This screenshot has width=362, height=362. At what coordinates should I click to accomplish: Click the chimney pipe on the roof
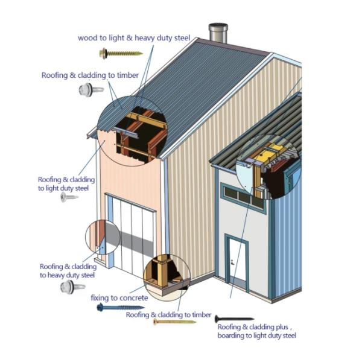tap(218, 33)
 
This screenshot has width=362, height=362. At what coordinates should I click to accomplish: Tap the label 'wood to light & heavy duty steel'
tap(134, 38)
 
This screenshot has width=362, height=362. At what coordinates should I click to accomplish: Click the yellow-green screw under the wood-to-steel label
tap(121, 54)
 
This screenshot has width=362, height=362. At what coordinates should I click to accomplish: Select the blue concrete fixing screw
tap(121, 308)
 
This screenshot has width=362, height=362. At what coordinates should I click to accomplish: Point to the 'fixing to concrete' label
tap(119, 298)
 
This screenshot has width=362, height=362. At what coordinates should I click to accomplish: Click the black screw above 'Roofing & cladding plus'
tap(234, 319)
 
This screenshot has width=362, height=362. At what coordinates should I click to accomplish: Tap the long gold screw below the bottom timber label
tap(174, 322)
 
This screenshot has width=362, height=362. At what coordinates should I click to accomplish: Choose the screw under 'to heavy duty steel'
tap(72, 287)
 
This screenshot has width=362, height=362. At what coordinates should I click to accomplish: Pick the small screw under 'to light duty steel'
tap(69, 197)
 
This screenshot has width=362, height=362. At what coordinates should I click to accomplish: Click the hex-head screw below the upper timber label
tap(91, 89)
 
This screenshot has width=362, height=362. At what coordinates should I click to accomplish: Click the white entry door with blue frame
tap(237, 261)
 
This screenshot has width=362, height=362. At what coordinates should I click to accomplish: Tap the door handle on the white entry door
tap(232, 262)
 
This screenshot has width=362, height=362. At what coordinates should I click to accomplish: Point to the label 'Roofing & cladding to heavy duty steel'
tap(68, 271)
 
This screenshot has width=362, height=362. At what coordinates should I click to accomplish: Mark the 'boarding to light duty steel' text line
tap(256, 335)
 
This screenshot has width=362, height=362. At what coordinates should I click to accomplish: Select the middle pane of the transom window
tap(244, 197)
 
